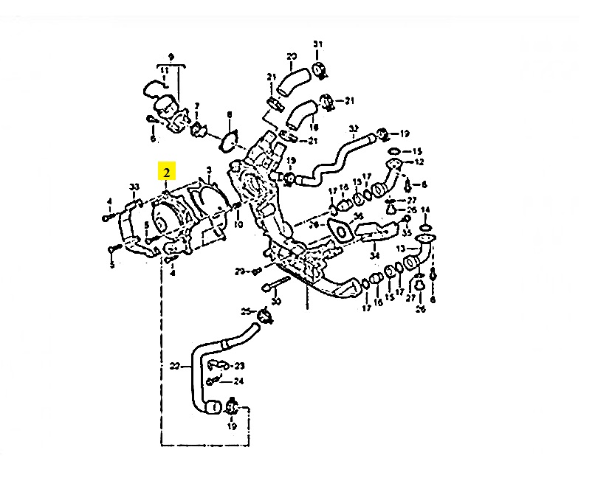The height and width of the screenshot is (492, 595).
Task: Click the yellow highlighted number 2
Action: [x=168, y=173]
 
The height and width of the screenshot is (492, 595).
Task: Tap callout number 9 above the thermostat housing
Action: [x=171, y=57]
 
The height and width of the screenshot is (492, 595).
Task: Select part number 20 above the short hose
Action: [x=292, y=56]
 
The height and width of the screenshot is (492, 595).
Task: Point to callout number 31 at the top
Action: [x=318, y=45]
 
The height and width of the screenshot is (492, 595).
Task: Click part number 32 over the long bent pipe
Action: [x=353, y=128]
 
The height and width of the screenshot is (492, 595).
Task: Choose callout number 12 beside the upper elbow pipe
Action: [x=420, y=162]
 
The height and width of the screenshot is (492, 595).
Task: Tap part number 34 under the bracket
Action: [x=374, y=255]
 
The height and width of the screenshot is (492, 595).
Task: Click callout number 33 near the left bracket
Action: [x=134, y=186]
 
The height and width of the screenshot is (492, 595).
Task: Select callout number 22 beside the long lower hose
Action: [x=175, y=364]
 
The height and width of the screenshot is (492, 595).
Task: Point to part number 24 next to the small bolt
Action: [x=238, y=381]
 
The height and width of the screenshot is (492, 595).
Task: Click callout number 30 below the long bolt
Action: [x=277, y=302]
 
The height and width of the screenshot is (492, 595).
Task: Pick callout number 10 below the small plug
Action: [x=238, y=224]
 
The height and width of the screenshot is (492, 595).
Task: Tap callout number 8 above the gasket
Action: [x=230, y=114]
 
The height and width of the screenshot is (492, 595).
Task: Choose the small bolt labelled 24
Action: [x=214, y=381]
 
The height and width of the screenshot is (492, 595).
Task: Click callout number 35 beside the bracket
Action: [x=406, y=232]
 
